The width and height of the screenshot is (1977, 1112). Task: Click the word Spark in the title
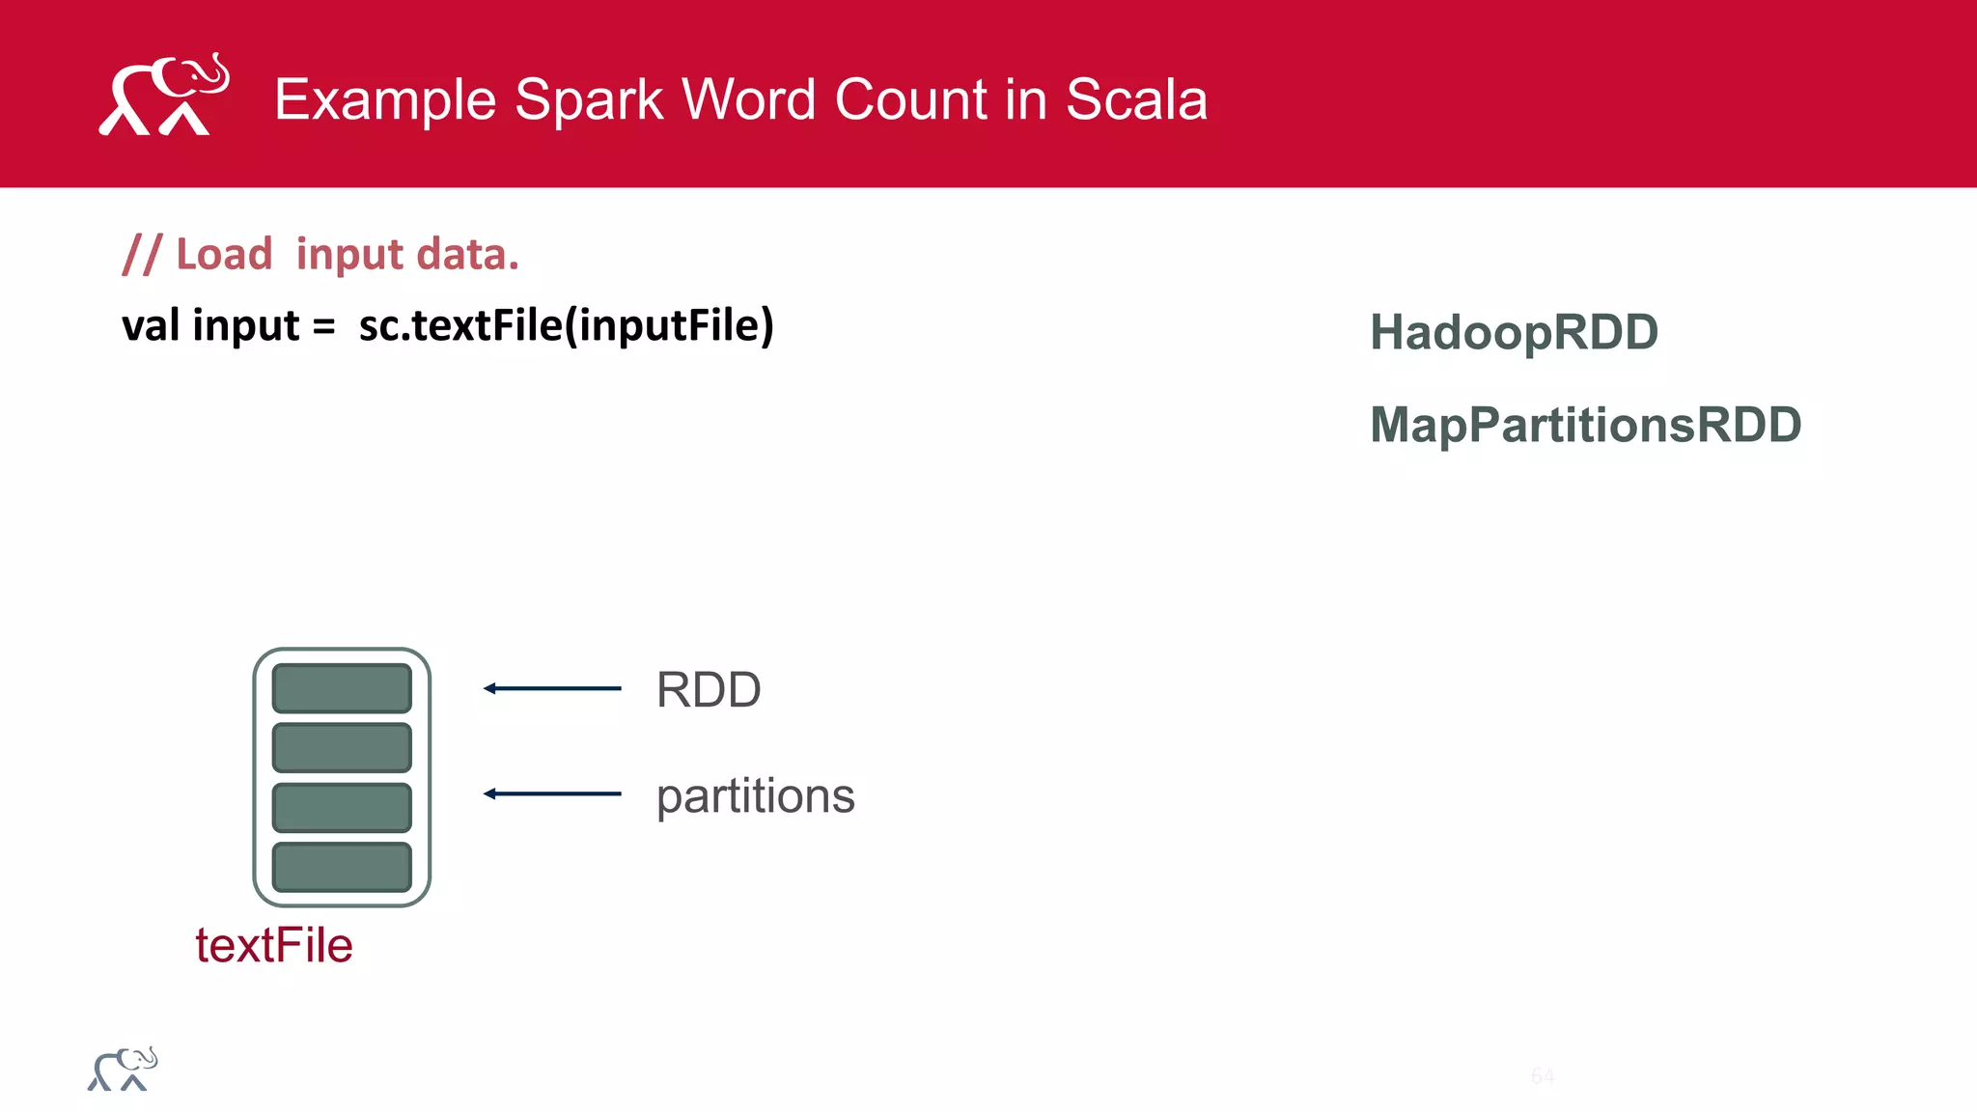(x=589, y=99)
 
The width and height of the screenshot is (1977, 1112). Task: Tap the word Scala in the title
(x=1136, y=99)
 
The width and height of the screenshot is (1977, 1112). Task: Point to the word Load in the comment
(x=224, y=255)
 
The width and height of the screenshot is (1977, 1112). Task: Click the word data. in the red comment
(x=467, y=255)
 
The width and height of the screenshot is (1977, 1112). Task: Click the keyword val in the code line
(x=151, y=325)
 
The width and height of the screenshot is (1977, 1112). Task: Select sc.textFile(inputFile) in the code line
(x=566, y=325)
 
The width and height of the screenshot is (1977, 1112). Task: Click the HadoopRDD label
(x=1514, y=332)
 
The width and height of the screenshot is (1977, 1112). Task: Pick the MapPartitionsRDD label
(x=1585, y=425)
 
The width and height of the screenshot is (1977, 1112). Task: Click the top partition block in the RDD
(x=342, y=688)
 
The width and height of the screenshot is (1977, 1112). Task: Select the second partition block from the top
(x=342, y=748)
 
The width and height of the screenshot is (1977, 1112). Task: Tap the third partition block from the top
(x=342, y=807)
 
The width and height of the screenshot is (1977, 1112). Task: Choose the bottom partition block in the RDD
(x=342, y=867)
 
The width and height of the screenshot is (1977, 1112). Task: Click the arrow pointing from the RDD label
(x=552, y=688)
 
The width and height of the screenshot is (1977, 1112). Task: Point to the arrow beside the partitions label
(x=552, y=793)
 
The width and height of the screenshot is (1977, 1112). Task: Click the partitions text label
(x=755, y=797)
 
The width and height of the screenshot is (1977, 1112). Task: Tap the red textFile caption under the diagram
(x=274, y=945)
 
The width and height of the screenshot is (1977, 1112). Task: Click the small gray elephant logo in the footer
(x=123, y=1070)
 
